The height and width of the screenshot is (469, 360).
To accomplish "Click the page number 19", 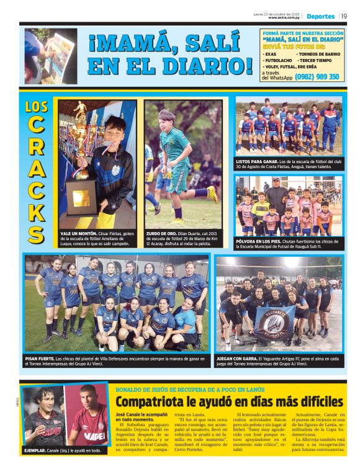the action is [x=343, y=16].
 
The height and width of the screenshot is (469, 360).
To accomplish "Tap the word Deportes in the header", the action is [x=320, y=16].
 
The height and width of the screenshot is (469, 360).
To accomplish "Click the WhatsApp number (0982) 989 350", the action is [x=317, y=77].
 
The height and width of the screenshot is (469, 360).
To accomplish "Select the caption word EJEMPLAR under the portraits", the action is [x=36, y=450].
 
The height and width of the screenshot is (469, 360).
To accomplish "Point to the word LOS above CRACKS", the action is [x=37, y=107].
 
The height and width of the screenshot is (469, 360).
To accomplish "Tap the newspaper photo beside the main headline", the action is [x=52, y=56].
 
